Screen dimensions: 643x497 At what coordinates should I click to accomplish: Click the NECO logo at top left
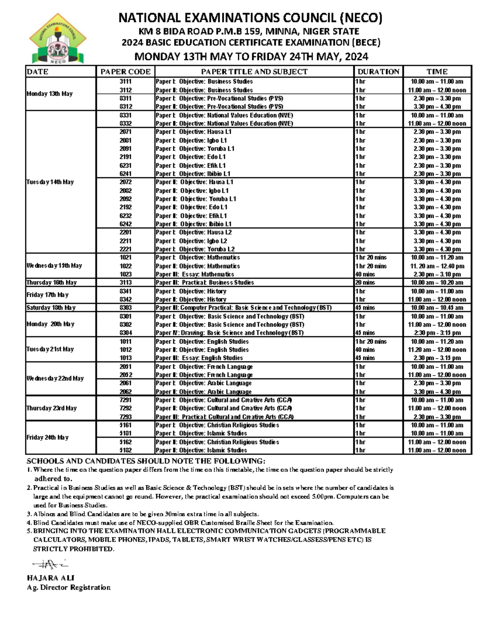[57, 39]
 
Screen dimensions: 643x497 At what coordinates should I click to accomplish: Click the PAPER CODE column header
[125, 72]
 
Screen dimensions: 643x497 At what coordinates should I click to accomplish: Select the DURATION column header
[378, 72]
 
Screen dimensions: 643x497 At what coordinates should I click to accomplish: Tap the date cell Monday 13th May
[49, 94]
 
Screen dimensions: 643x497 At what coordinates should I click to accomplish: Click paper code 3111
[125, 82]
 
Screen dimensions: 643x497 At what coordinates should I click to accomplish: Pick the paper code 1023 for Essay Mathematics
[125, 274]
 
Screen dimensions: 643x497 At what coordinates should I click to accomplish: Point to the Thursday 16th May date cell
[51, 282]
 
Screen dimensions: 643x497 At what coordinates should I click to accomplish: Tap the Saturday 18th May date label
[51, 308]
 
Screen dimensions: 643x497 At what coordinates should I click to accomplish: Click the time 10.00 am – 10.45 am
[437, 308]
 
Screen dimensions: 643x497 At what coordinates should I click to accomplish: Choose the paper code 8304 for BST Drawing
[125, 333]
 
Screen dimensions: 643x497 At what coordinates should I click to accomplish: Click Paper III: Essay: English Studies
[199, 358]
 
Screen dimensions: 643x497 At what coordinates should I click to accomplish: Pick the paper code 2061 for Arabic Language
[125, 383]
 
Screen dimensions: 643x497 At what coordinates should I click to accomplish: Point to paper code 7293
[125, 417]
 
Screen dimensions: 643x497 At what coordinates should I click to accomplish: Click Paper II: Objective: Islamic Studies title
[201, 450]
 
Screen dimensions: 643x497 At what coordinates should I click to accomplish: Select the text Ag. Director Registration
[69, 588]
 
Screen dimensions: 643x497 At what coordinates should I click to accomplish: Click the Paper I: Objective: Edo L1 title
[191, 157]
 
